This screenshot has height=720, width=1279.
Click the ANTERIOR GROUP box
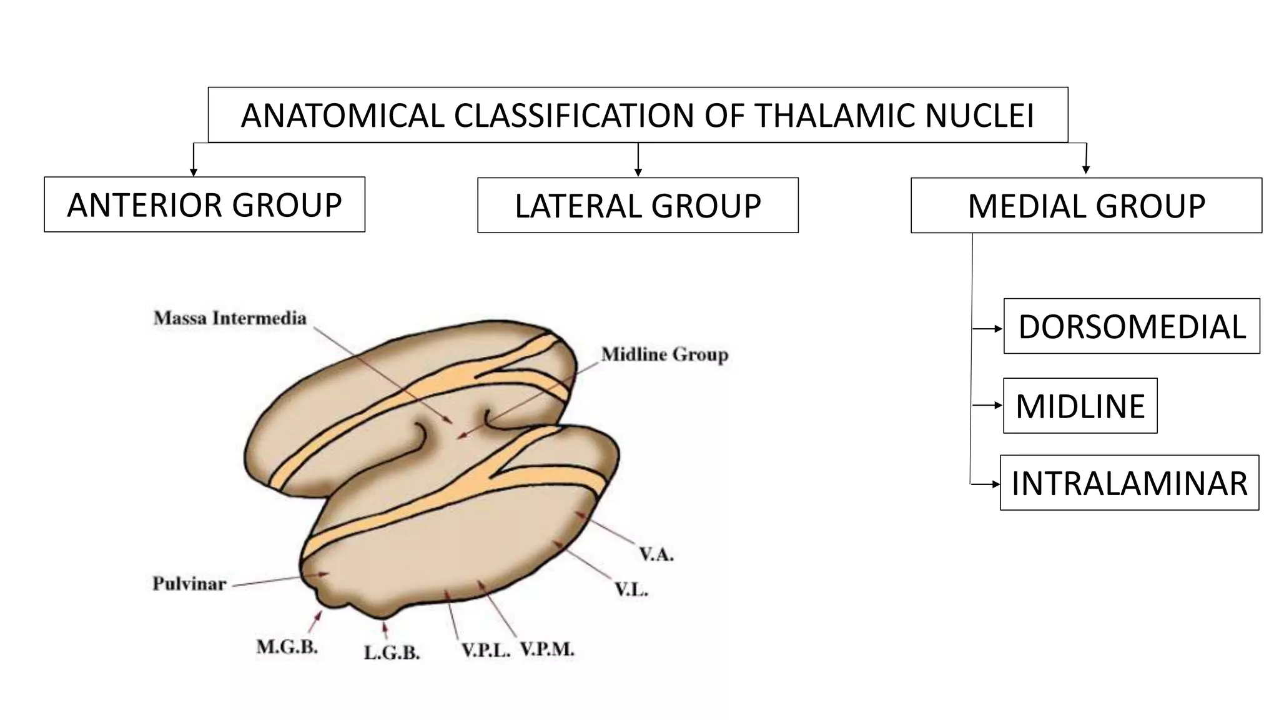click(x=204, y=204)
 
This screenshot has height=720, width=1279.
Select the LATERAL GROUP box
click(x=638, y=206)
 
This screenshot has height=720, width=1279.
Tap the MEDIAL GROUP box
click(x=1086, y=206)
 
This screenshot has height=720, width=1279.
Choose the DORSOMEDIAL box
click(x=1132, y=326)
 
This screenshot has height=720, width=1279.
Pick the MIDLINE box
click(x=1080, y=406)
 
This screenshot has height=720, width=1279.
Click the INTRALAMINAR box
click(x=1129, y=483)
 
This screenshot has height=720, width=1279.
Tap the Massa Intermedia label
click(x=230, y=318)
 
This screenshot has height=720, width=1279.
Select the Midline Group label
click(x=664, y=355)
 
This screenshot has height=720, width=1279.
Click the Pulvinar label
click(x=189, y=584)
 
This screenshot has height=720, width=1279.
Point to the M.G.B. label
click(x=287, y=647)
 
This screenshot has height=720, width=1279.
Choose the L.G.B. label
click(x=392, y=653)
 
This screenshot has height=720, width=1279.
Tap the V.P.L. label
click(x=486, y=650)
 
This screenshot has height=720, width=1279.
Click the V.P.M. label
click(x=547, y=650)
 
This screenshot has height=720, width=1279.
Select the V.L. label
click(x=631, y=589)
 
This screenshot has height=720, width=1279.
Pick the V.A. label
click(x=656, y=554)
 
